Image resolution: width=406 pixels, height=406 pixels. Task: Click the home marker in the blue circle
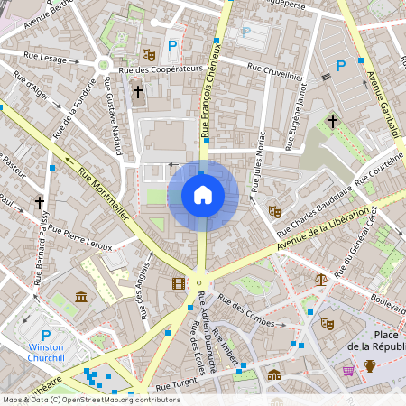coord(203,195)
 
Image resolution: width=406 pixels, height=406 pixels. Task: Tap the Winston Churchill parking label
coord(45,351)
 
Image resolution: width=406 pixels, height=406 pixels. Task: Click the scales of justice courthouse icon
coord(320,280)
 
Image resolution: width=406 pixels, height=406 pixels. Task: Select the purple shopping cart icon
coord(348,370)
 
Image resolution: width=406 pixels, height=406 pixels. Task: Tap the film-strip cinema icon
coord(177,283)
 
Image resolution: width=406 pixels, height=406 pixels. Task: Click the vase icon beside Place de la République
coord(369,365)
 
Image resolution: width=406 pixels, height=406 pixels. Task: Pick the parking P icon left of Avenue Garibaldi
coord(341,65)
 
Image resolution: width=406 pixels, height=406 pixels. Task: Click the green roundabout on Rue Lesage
coord(103,64)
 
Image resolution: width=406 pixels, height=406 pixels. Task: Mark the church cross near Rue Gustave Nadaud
coord(138,91)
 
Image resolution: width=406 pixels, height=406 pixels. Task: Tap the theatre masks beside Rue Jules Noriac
coord(275,211)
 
